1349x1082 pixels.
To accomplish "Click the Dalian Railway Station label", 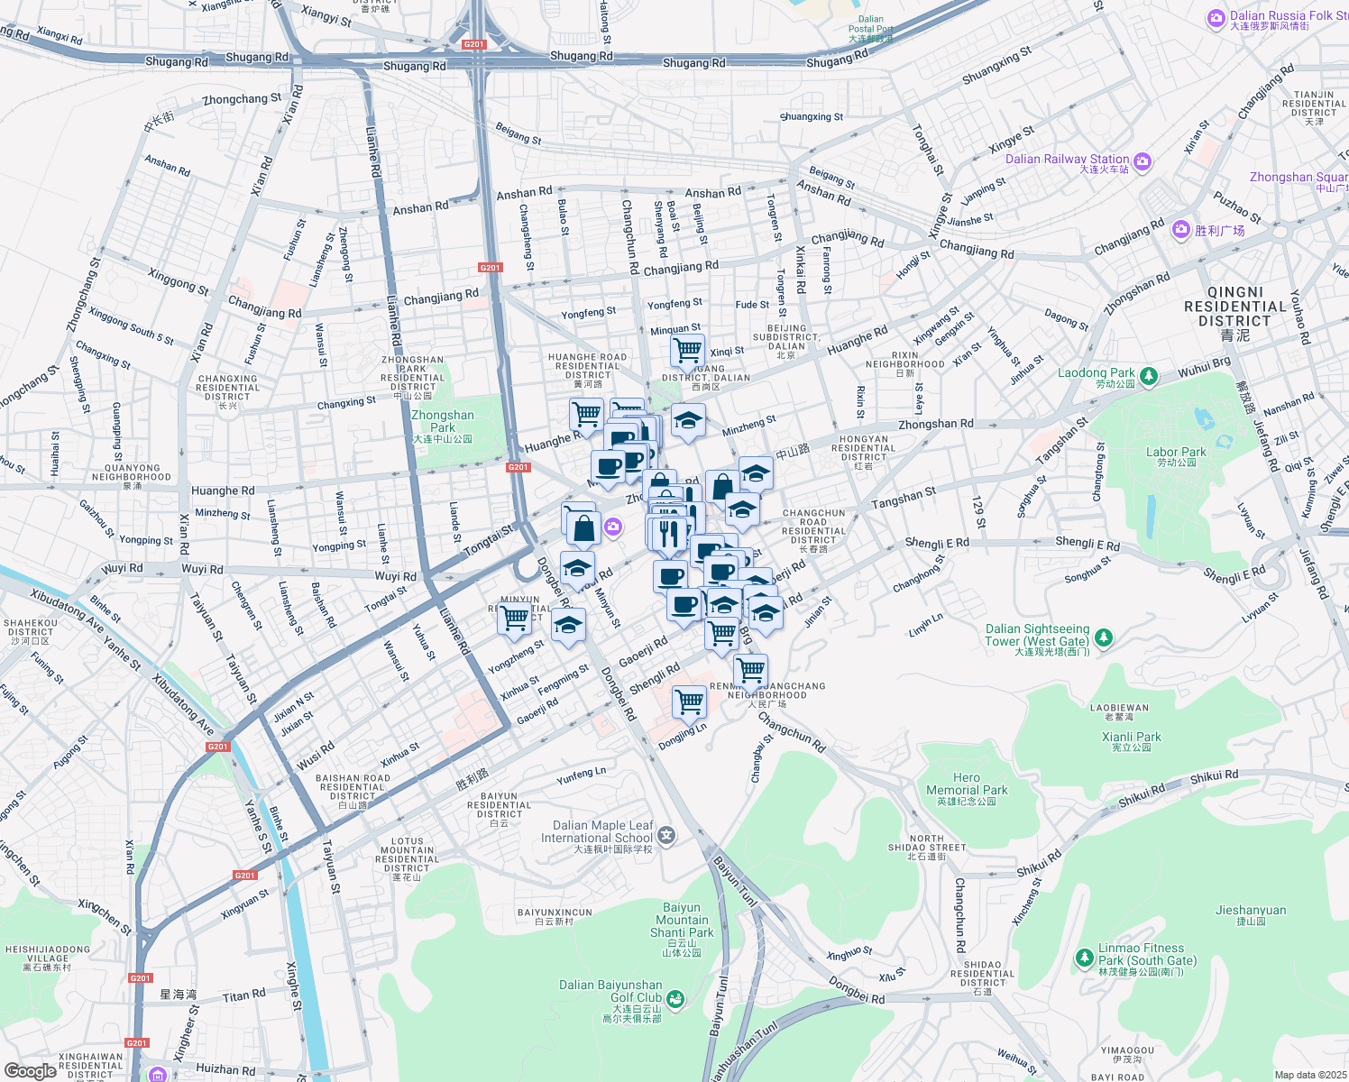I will (1067, 160).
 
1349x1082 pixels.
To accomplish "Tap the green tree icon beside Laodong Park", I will (1148, 376).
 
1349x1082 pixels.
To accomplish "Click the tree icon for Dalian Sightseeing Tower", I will (1103, 638).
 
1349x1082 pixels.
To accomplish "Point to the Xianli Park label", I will (1132, 738).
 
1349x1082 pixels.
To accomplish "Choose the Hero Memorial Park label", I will (967, 784).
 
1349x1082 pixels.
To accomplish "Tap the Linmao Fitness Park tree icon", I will (1085, 958).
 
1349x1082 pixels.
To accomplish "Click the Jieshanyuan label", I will (1250, 911).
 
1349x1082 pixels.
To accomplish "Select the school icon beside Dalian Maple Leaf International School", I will (666, 835).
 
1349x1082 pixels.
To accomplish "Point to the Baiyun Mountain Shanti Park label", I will (682, 921).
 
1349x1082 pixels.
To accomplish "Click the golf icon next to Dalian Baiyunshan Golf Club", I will (674, 999).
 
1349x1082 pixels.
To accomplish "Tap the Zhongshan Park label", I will (442, 422).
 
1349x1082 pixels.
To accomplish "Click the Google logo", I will (30, 1070).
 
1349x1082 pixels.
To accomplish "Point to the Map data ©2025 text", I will (1309, 1075).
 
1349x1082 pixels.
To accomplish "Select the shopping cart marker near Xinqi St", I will (688, 349).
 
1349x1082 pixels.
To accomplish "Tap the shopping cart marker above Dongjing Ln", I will (689, 701).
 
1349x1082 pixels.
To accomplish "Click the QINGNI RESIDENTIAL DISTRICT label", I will (1234, 307).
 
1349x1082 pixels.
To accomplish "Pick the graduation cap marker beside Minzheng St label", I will (688, 420).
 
